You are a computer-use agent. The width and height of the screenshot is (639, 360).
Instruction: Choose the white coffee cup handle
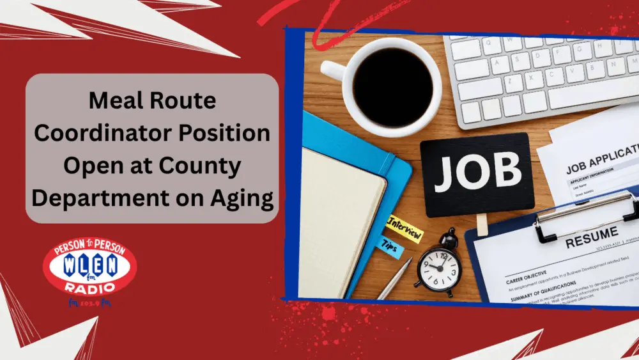333,69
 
